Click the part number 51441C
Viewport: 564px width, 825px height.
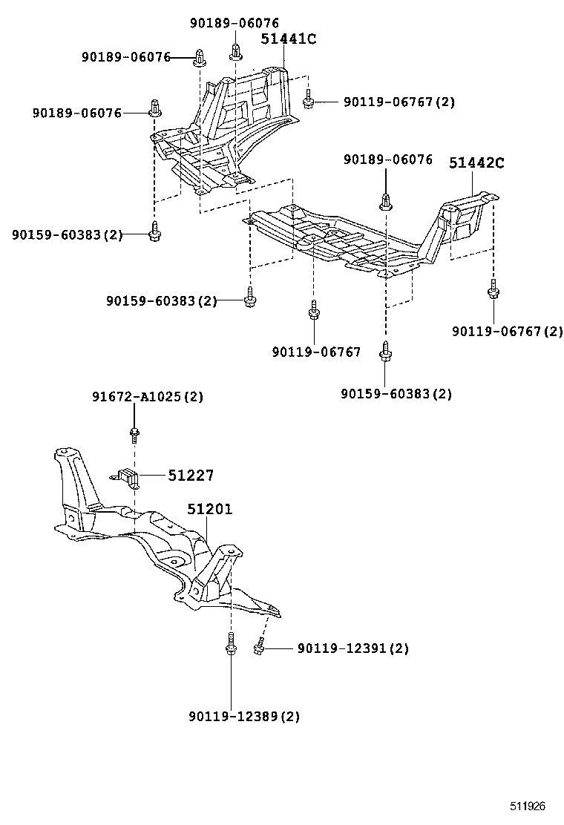[x=288, y=39]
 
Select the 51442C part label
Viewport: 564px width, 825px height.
[x=476, y=163]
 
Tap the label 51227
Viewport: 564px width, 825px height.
[x=190, y=476]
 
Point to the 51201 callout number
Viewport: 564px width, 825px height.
[x=209, y=510]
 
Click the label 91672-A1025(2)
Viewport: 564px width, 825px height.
[x=148, y=397]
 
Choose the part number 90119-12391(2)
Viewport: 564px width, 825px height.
[x=352, y=648]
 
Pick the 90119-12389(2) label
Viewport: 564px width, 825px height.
[x=243, y=716]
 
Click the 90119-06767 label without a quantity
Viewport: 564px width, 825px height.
[x=316, y=352]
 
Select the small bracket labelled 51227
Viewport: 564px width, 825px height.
[x=129, y=479]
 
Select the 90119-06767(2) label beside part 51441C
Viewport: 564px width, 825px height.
[x=399, y=102]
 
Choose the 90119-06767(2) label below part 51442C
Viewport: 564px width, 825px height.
[x=507, y=331]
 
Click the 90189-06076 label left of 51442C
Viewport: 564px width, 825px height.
[x=387, y=160]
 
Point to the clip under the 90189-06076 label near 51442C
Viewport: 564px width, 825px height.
[x=387, y=200]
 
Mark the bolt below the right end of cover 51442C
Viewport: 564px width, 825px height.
[x=493, y=291]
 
